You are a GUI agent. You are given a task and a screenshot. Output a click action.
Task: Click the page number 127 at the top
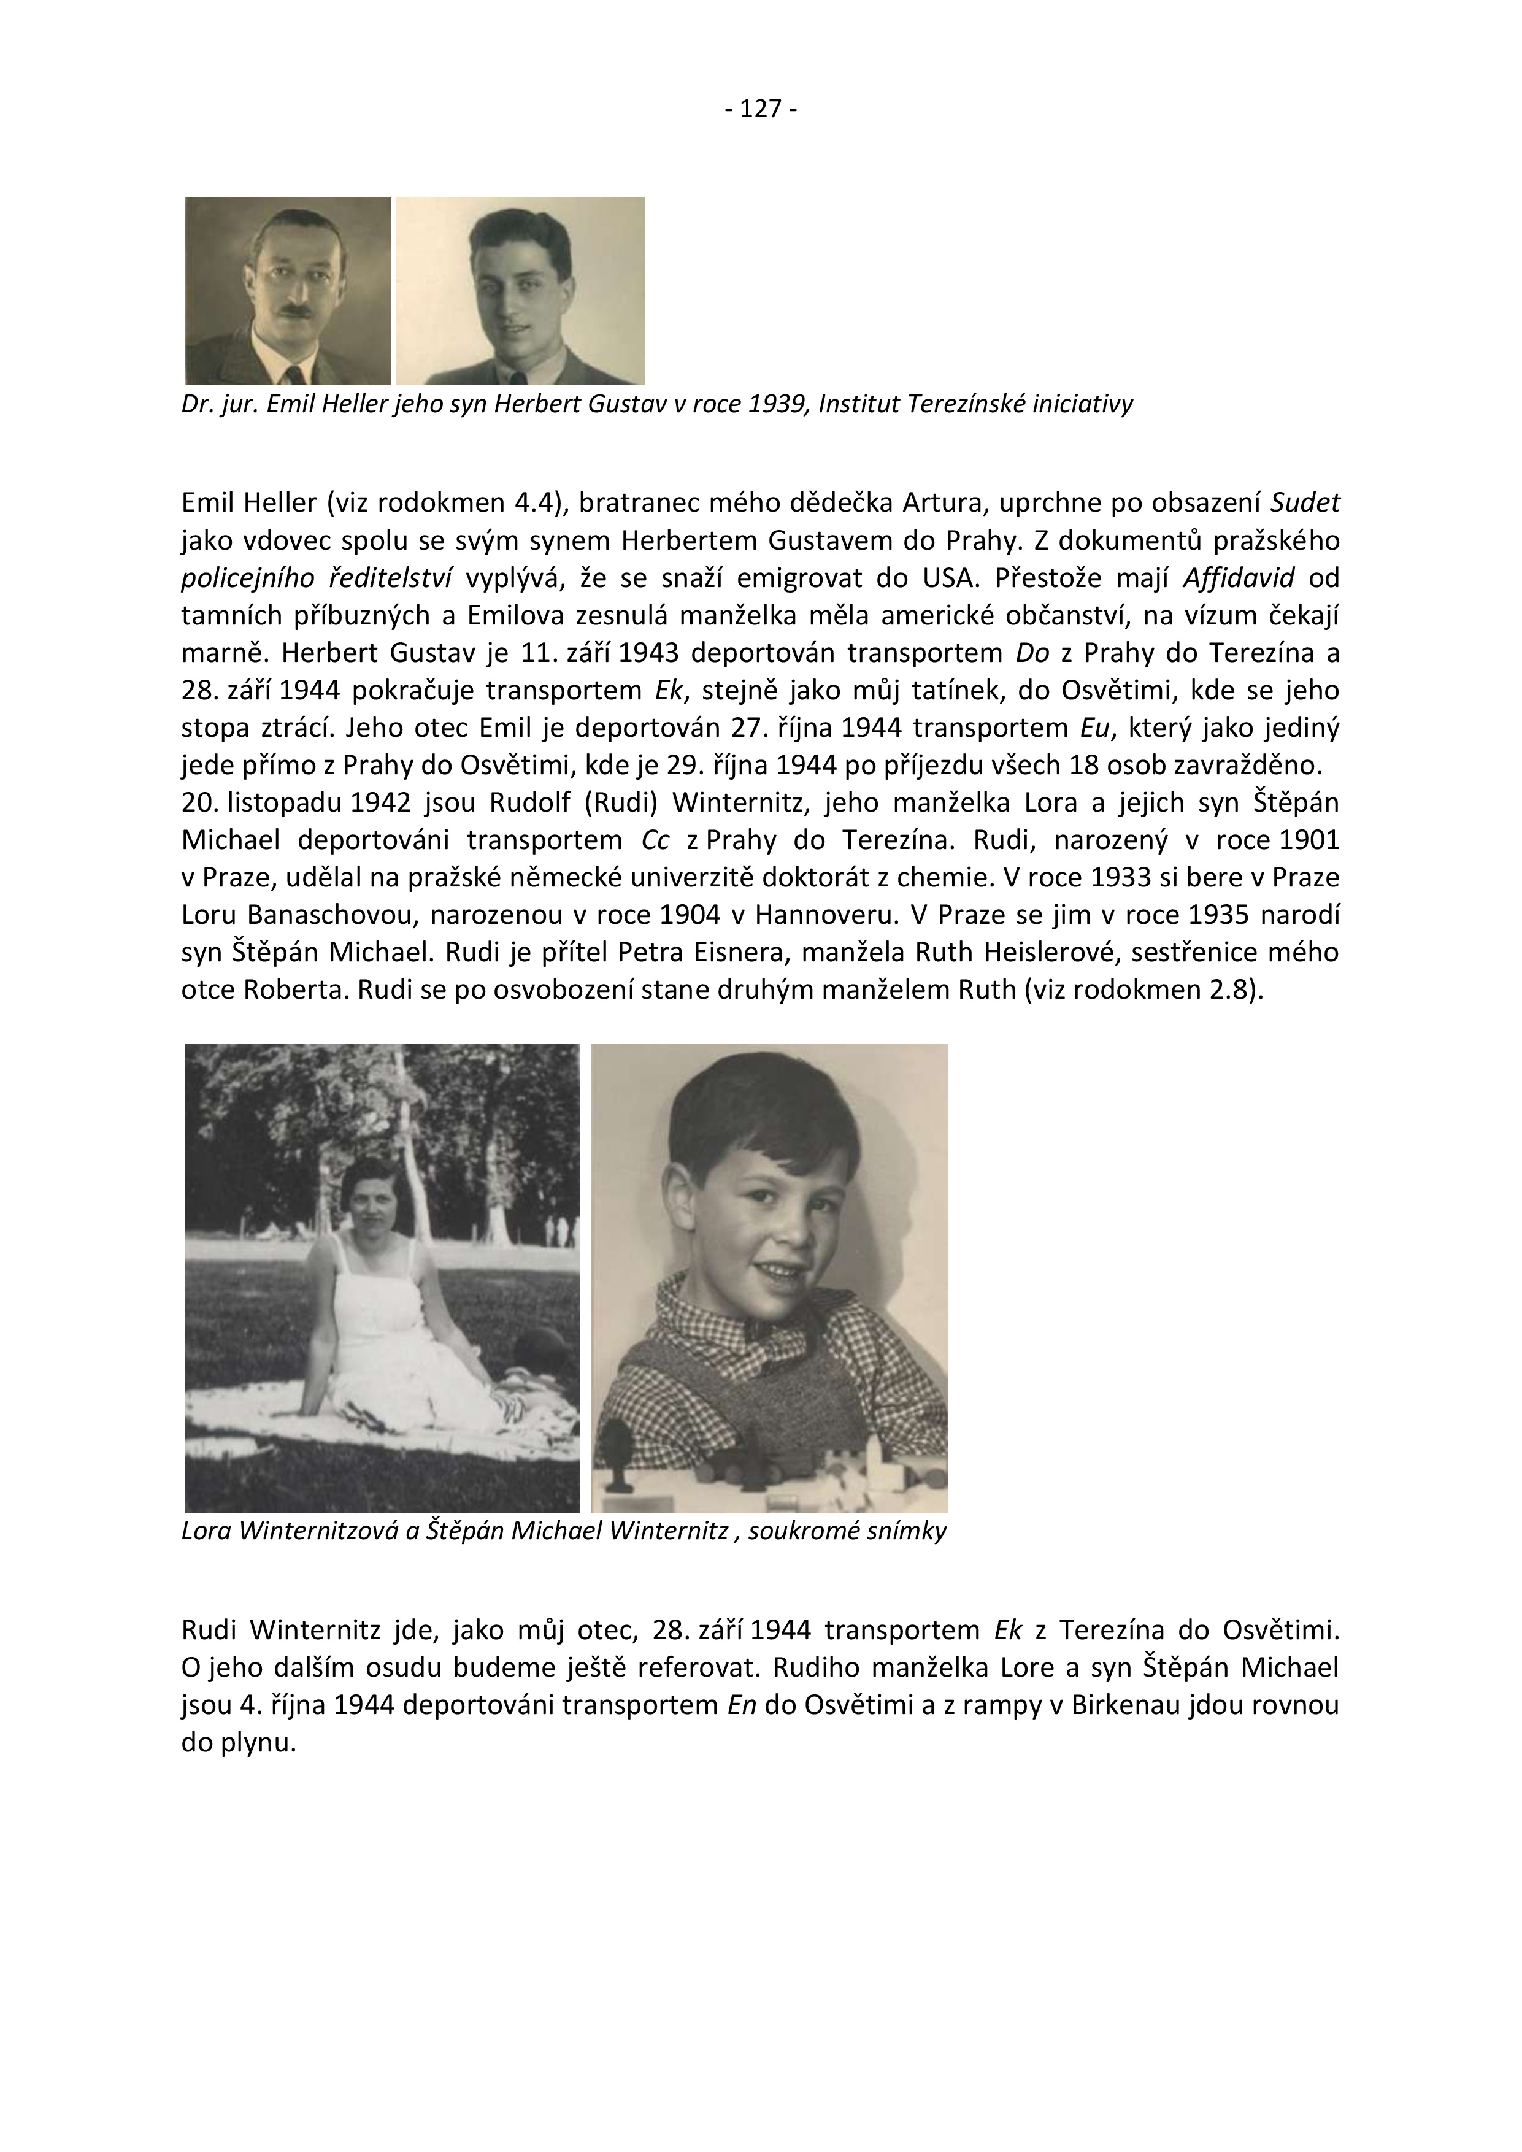point(761,110)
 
